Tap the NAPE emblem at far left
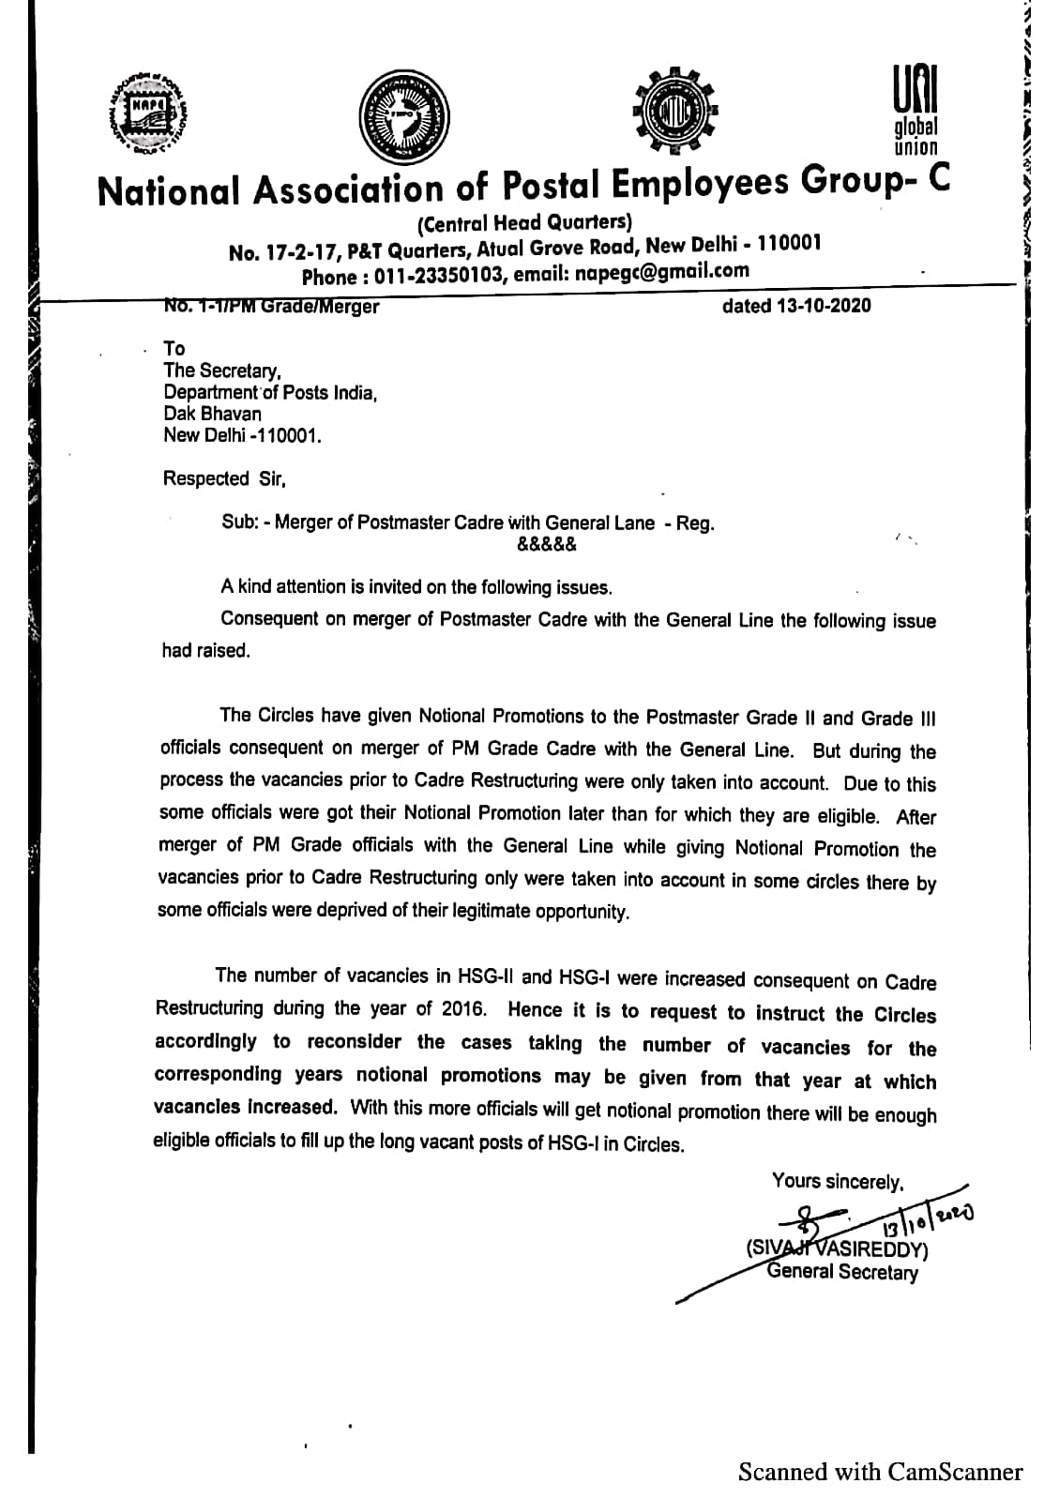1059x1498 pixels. (142, 113)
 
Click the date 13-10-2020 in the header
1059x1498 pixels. (823, 306)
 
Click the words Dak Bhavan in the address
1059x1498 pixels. (212, 414)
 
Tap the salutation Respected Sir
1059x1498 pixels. (223, 478)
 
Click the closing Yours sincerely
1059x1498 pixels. (837, 1182)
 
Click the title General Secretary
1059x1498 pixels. (841, 1272)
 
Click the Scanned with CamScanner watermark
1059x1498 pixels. (879, 1472)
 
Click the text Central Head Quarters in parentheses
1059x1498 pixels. (523, 222)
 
